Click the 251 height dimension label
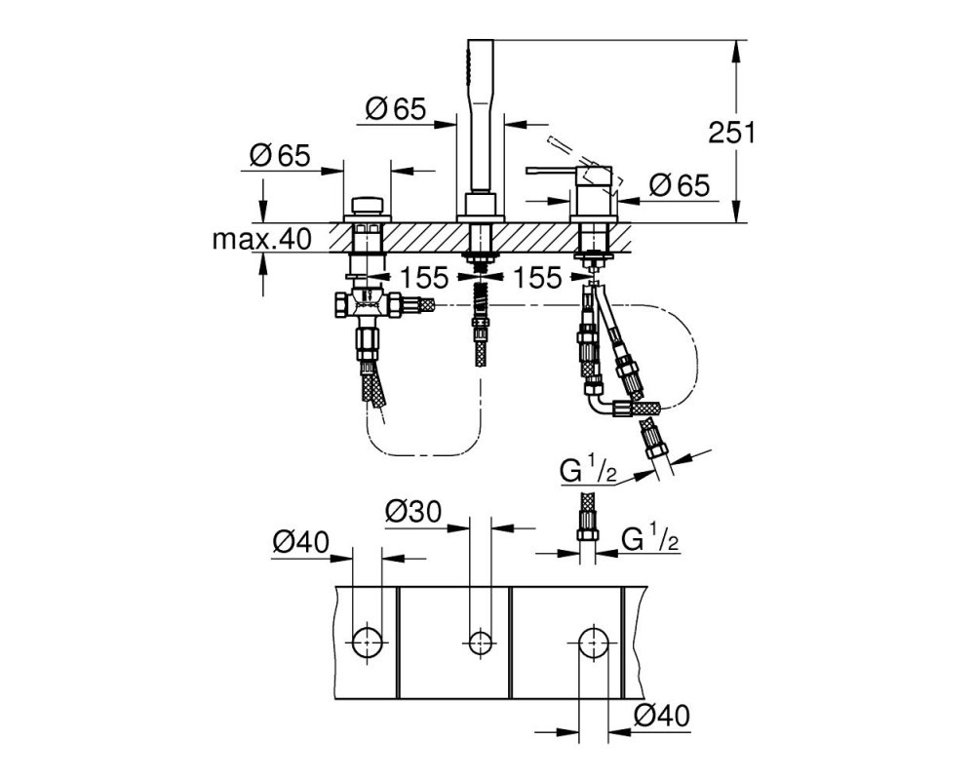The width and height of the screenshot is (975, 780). (x=732, y=133)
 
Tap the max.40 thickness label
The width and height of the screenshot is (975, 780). (x=261, y=238)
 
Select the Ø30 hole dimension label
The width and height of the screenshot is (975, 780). (x=413, y=511)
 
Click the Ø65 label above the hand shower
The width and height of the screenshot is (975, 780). (x=396, y=109)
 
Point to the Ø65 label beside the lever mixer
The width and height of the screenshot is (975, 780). (x=680, y=185)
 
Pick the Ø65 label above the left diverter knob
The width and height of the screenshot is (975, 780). (x=279, y=155)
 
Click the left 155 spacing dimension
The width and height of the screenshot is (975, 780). (x=423, y=278)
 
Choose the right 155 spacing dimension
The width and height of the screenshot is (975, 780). (x=537, y=278)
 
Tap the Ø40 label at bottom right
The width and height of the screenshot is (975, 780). (x=662, y=716)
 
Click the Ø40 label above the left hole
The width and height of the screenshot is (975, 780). (x=301, y=542)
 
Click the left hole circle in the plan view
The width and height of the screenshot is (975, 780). (x=367, y=642)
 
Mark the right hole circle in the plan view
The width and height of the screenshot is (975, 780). (x=594, y=642)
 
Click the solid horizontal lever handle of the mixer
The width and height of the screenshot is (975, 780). (x=553, y=170)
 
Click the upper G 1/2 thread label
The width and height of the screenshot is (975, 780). (x=588, y=472)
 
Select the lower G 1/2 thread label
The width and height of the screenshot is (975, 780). (x=649, y=538)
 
